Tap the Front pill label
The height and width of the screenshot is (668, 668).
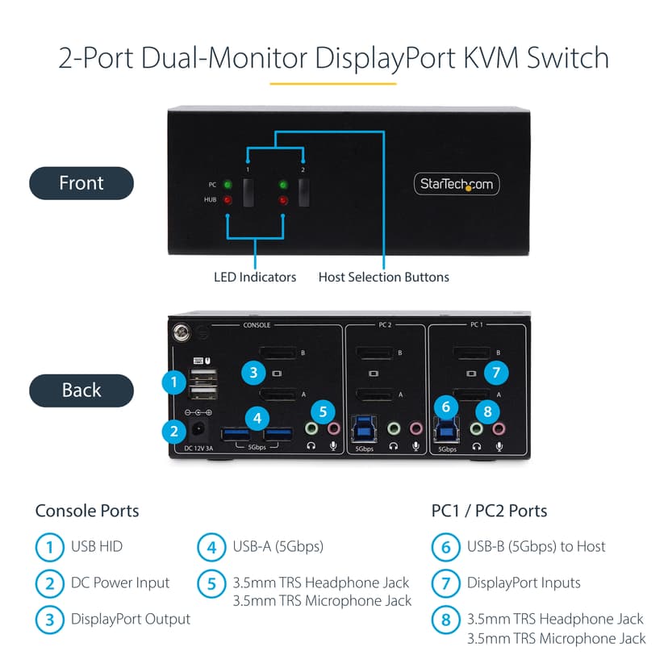(x=81, y=183)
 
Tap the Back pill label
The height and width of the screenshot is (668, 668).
(x=81, y=390)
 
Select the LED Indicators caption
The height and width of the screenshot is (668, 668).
(x=255, y=277)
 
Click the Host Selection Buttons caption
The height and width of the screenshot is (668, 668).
(x=383, y=277)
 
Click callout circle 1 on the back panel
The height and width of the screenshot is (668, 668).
(x=173, y=382)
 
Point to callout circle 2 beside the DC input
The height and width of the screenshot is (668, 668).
(x=173, y=432)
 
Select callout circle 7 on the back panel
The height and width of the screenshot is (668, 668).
(x=496, y=373)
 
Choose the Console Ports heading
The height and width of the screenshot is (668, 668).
(x=87, y=511)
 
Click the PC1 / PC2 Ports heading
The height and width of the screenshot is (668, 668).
(x=489, y=511)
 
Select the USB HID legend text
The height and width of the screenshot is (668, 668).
(x=97, y=546)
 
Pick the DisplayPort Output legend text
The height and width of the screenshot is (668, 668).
(x=131, y=619)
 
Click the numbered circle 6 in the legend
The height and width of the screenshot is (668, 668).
(x=445, y=547)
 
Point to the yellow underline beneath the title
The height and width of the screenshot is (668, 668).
(x=333, y=83)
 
